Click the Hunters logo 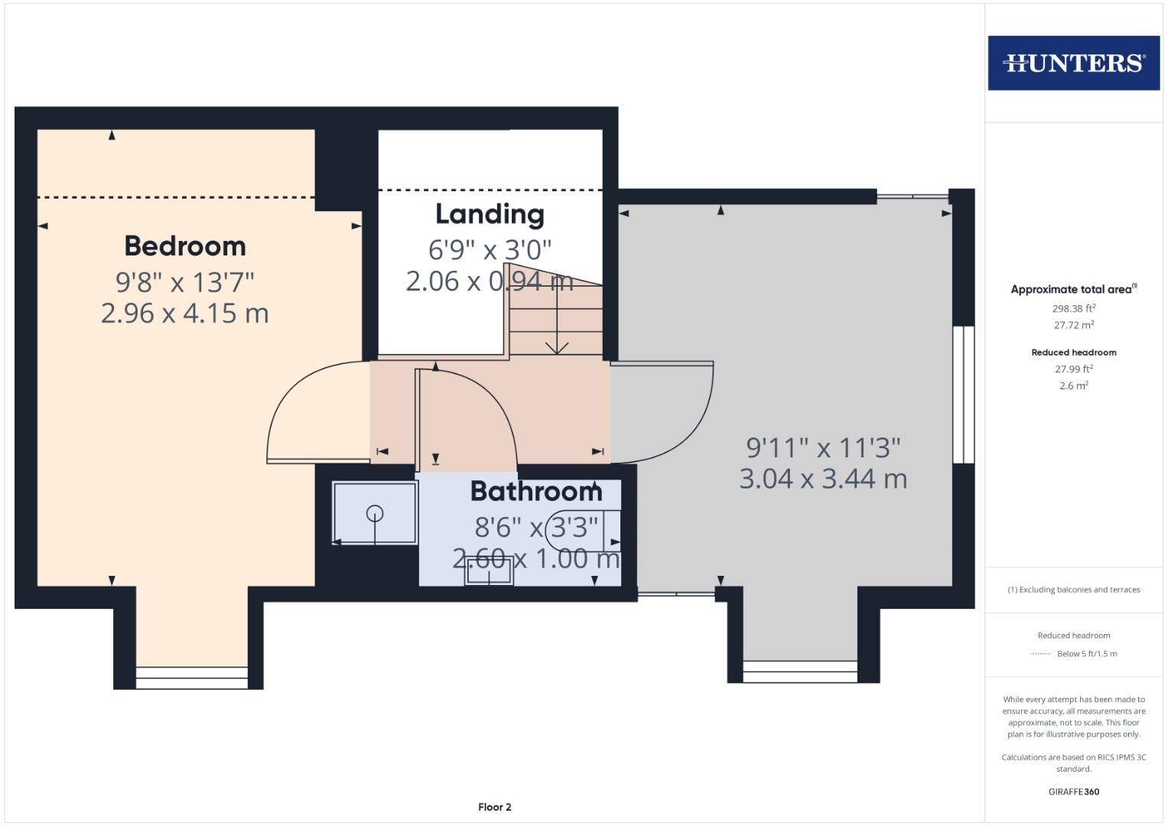click(x=1074, y=63)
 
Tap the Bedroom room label click(x=185, y=246)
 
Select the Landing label click(x=490, y=214)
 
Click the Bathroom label click(x=536, y=492)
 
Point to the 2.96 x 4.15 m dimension click(x=185, y=314)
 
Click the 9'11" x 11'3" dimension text click(x=823, y=447)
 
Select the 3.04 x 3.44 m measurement click(x=823, y=479)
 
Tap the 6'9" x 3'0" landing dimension click(x=490, y=250)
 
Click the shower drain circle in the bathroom click(x=375, y=514)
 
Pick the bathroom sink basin click(x=489, y=572)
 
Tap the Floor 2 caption click(x=495, y=807)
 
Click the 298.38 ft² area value click(x=1074, y=308)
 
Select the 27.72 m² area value click(x=1074, y=325)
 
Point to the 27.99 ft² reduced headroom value click(x=1074, y=369)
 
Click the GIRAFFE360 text click(x=1074, y=792)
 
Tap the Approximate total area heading click(x=1074, y=289)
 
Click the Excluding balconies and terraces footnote click(x=1074, y=590)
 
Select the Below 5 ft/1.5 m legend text click(x=1087, y=654)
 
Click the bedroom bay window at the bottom click(x=192, y=678)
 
